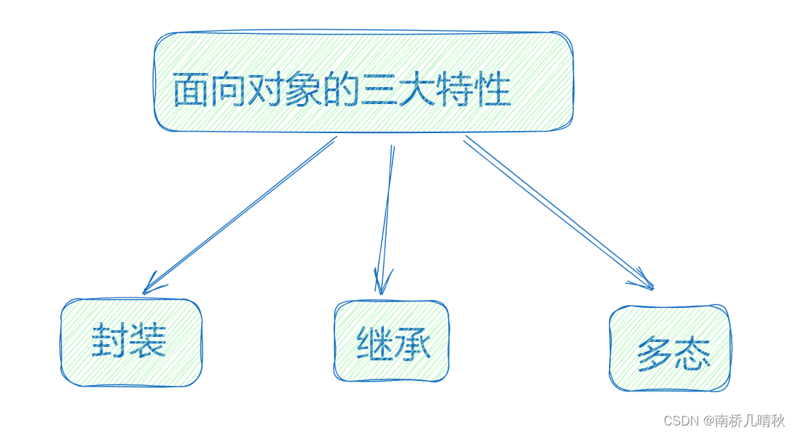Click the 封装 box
(x=131, y=343)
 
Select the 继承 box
(x=391, y=341)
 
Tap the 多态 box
(x=669, y=348)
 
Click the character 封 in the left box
(x=110, y=341)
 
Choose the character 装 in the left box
(x=147, y=341)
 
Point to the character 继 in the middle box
(x=374, y=344)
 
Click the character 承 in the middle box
(x=411, y=344)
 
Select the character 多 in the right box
(x=654, y=353)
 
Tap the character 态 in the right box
(x=691, y=353)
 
